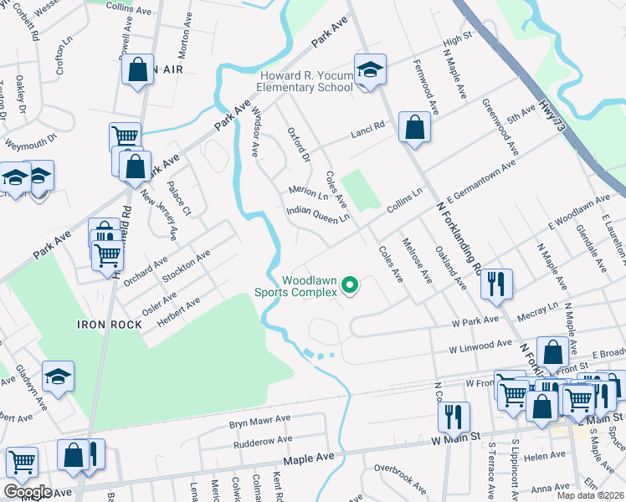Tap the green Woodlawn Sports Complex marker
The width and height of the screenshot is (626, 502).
coord(351,288)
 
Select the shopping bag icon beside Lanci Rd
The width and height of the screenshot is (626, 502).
coord(414,128)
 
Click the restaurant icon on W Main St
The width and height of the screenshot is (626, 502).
coord(453,416)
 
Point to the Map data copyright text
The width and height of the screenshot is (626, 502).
coord(589,495)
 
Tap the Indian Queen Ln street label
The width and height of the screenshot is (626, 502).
coord(317,215)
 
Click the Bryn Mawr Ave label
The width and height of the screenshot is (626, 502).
coord(259,417)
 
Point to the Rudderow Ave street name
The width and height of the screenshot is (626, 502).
coord(261,439)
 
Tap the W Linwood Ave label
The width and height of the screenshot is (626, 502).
coord(480,344)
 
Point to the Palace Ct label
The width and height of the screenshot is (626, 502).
coord(180,198)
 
